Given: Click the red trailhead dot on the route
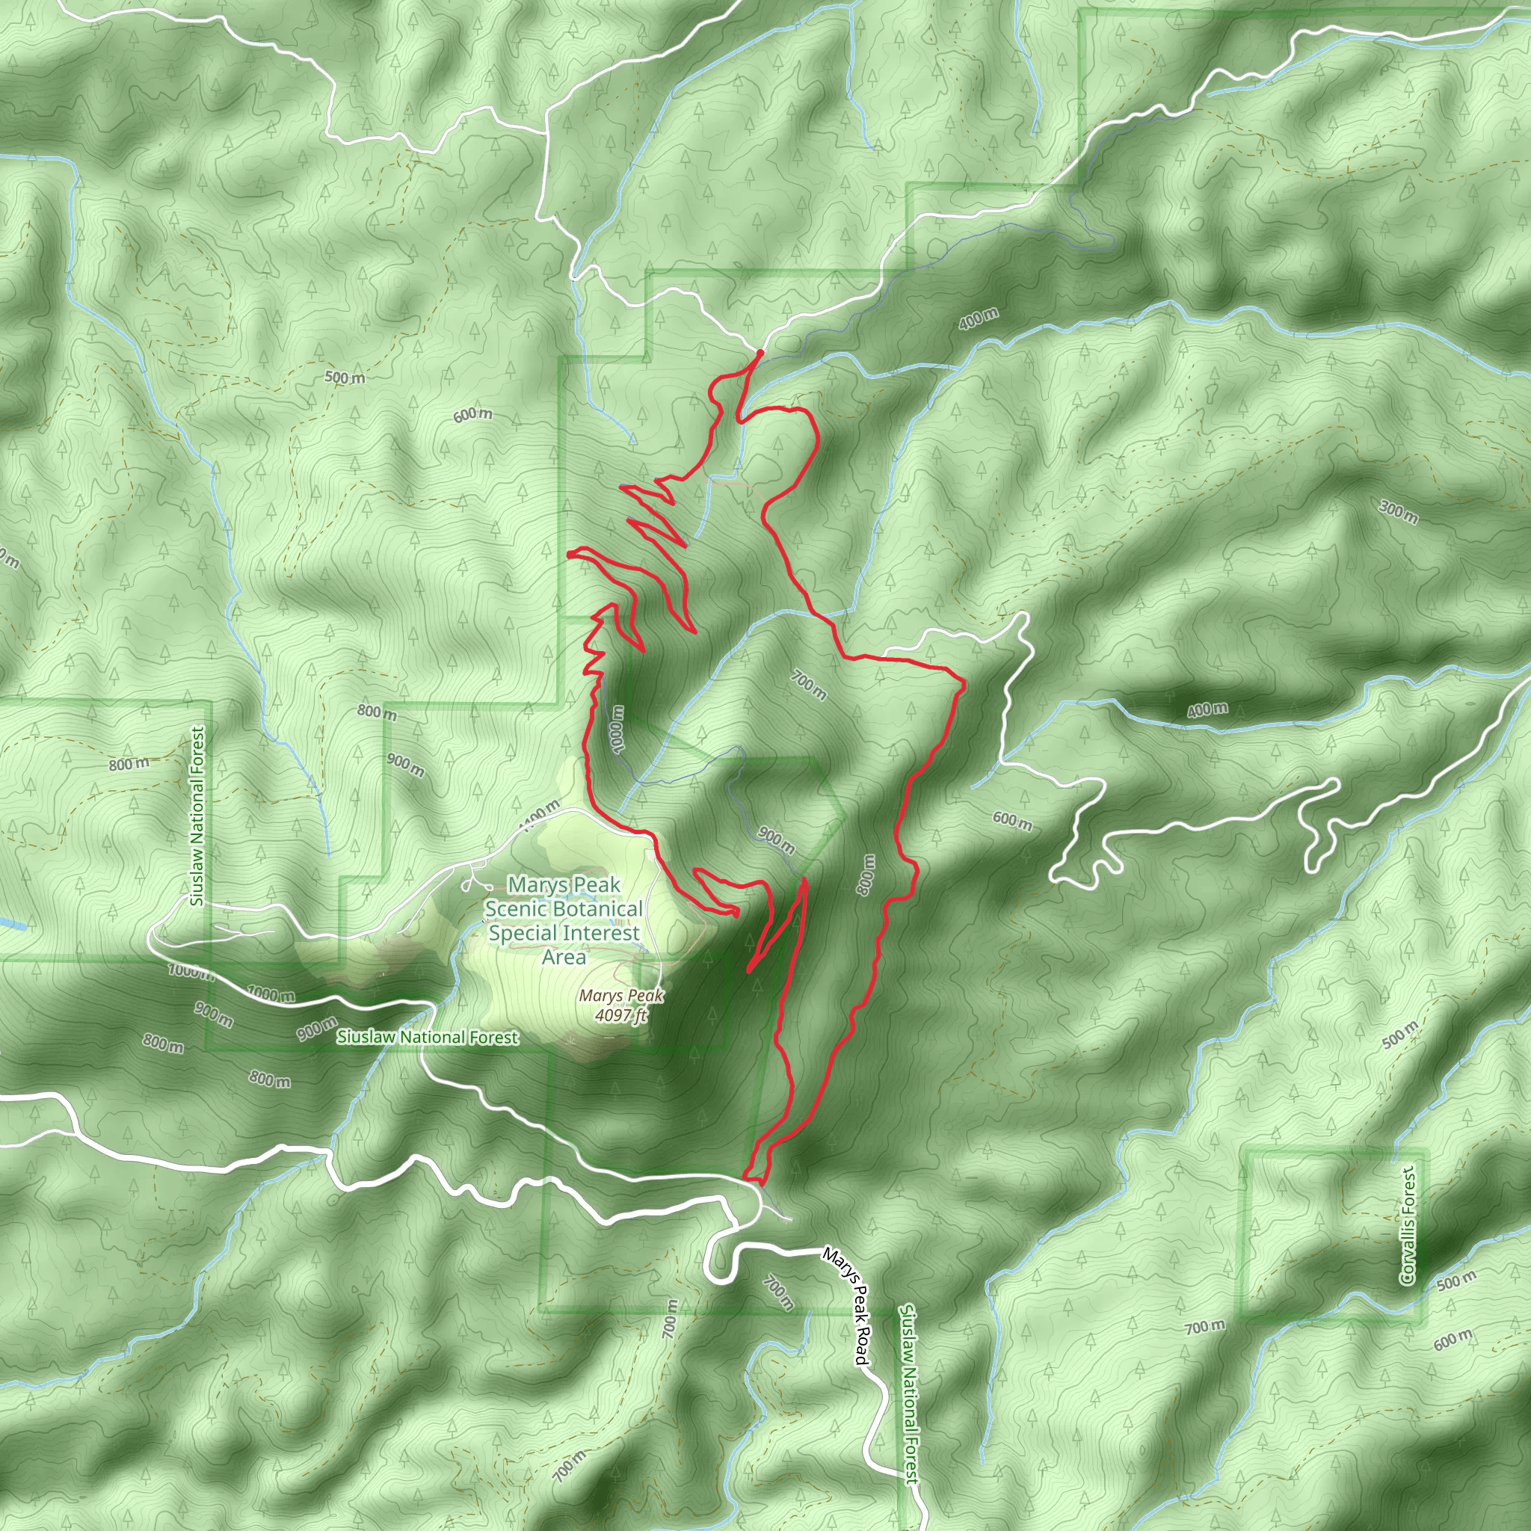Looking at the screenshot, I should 760,352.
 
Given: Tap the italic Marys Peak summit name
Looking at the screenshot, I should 620,995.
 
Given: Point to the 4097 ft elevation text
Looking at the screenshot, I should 621,1015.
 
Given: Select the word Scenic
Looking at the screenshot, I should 512,909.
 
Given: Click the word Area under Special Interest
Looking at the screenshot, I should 564,958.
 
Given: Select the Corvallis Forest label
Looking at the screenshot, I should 1408,1225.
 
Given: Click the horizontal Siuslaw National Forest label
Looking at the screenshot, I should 428,1038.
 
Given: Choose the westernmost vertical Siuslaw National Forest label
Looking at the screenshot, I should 197,816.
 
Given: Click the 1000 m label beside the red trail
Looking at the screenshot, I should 618,728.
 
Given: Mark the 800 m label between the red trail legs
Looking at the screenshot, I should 866,875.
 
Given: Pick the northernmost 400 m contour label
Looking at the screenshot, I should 978,318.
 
